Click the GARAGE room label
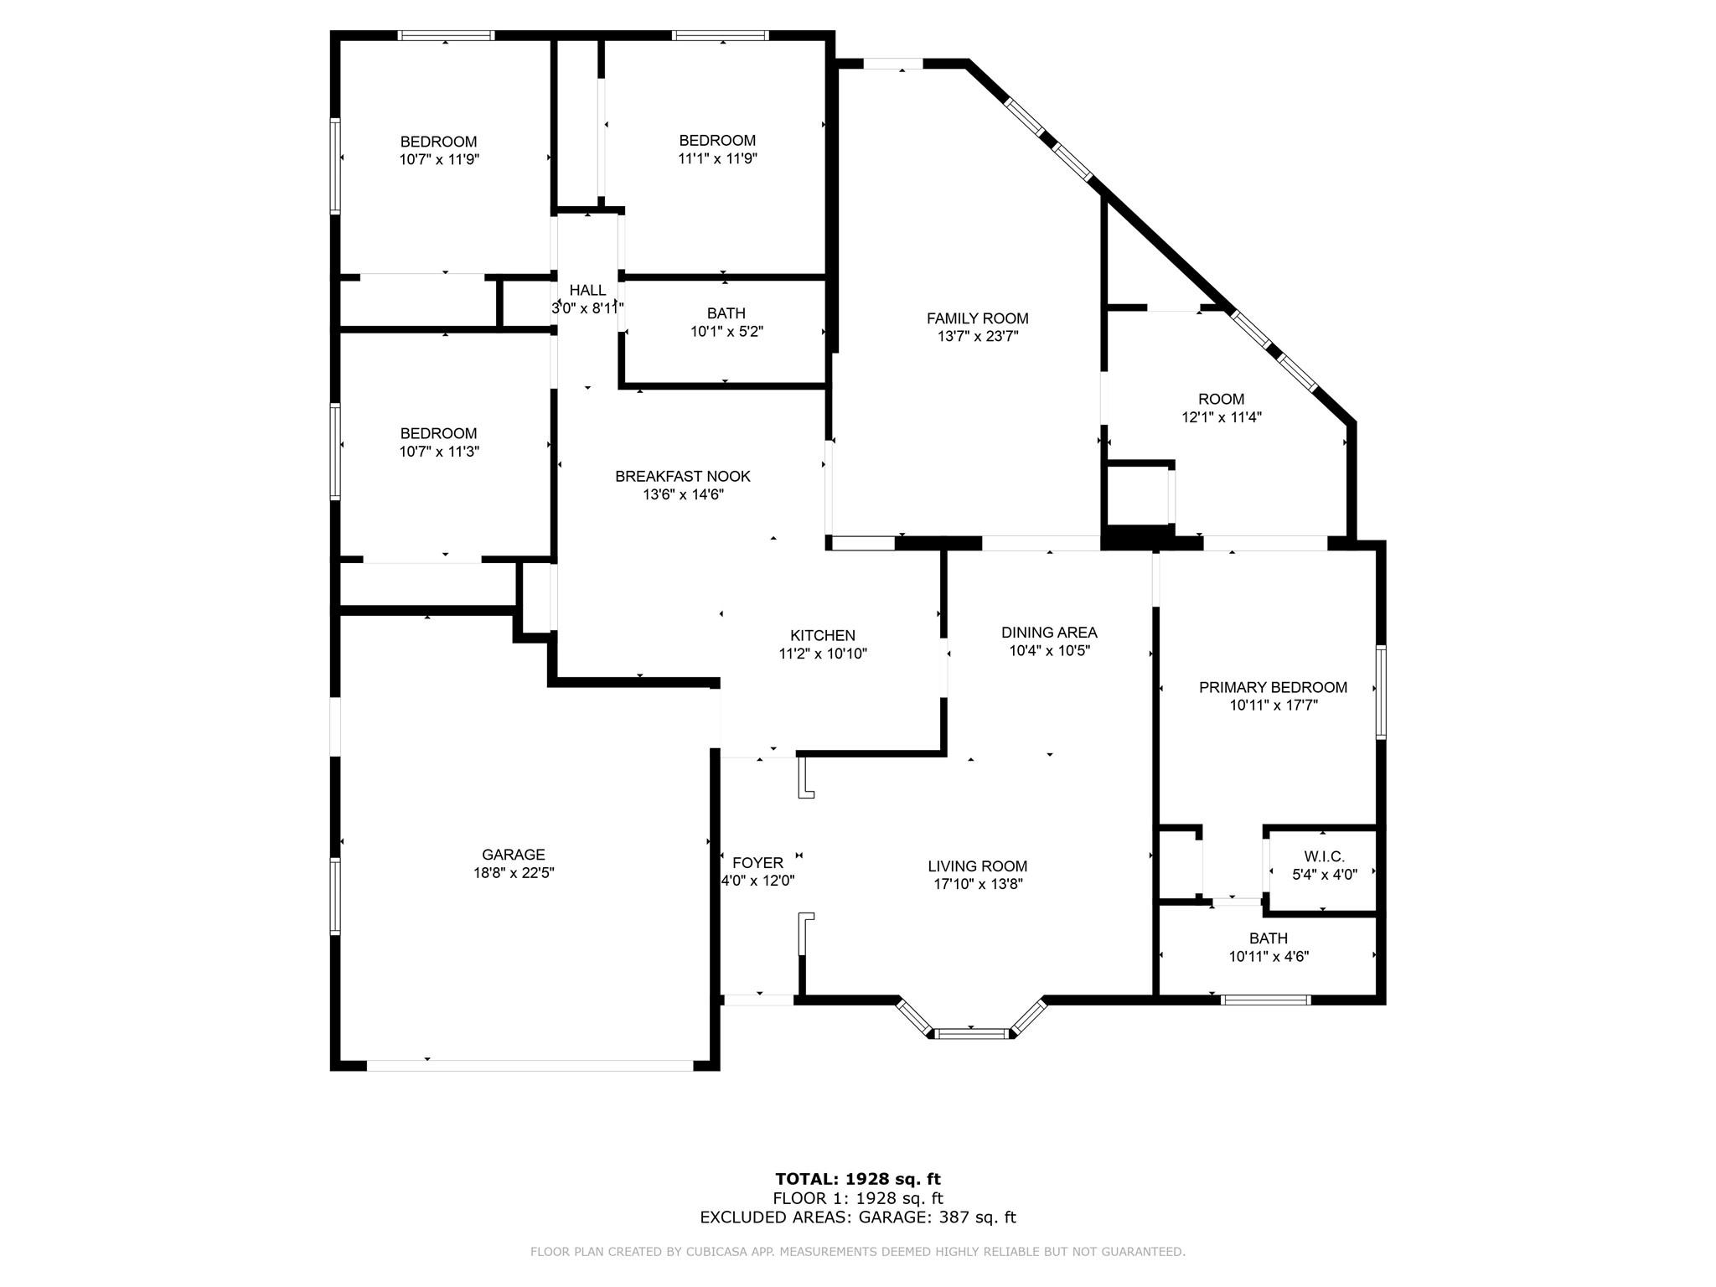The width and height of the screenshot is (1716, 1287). coord(513,855)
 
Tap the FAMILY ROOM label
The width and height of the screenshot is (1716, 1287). coord(977,318)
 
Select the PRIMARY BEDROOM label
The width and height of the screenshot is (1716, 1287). coord(1273,687)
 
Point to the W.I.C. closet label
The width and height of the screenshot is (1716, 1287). coord(1324,856)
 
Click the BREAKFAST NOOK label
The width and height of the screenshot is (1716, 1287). coord(683,476)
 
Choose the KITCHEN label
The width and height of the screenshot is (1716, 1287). coord(823,636)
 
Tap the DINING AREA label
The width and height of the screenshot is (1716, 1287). coord(1049,633)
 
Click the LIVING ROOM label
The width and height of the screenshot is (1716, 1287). coord(977,866)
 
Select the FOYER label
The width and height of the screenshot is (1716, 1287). coord(757,863)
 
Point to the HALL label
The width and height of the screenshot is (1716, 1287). coord(587,290)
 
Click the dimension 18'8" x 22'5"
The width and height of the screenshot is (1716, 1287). coord(513,873)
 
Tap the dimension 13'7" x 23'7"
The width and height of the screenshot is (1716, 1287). coord(977,337)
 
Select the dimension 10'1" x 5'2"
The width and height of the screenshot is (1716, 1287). coord(726,332)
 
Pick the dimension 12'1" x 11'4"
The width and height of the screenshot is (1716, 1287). coord(1221,417)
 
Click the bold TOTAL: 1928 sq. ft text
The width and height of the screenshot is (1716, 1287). coord(858,1180)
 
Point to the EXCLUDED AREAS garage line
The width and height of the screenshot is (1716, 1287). coord(858,1217)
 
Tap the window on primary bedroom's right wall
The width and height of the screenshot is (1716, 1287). coord(1380,691)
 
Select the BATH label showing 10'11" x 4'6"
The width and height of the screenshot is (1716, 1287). coord(1268,938)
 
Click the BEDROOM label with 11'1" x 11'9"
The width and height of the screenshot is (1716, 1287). coord(717,140)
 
